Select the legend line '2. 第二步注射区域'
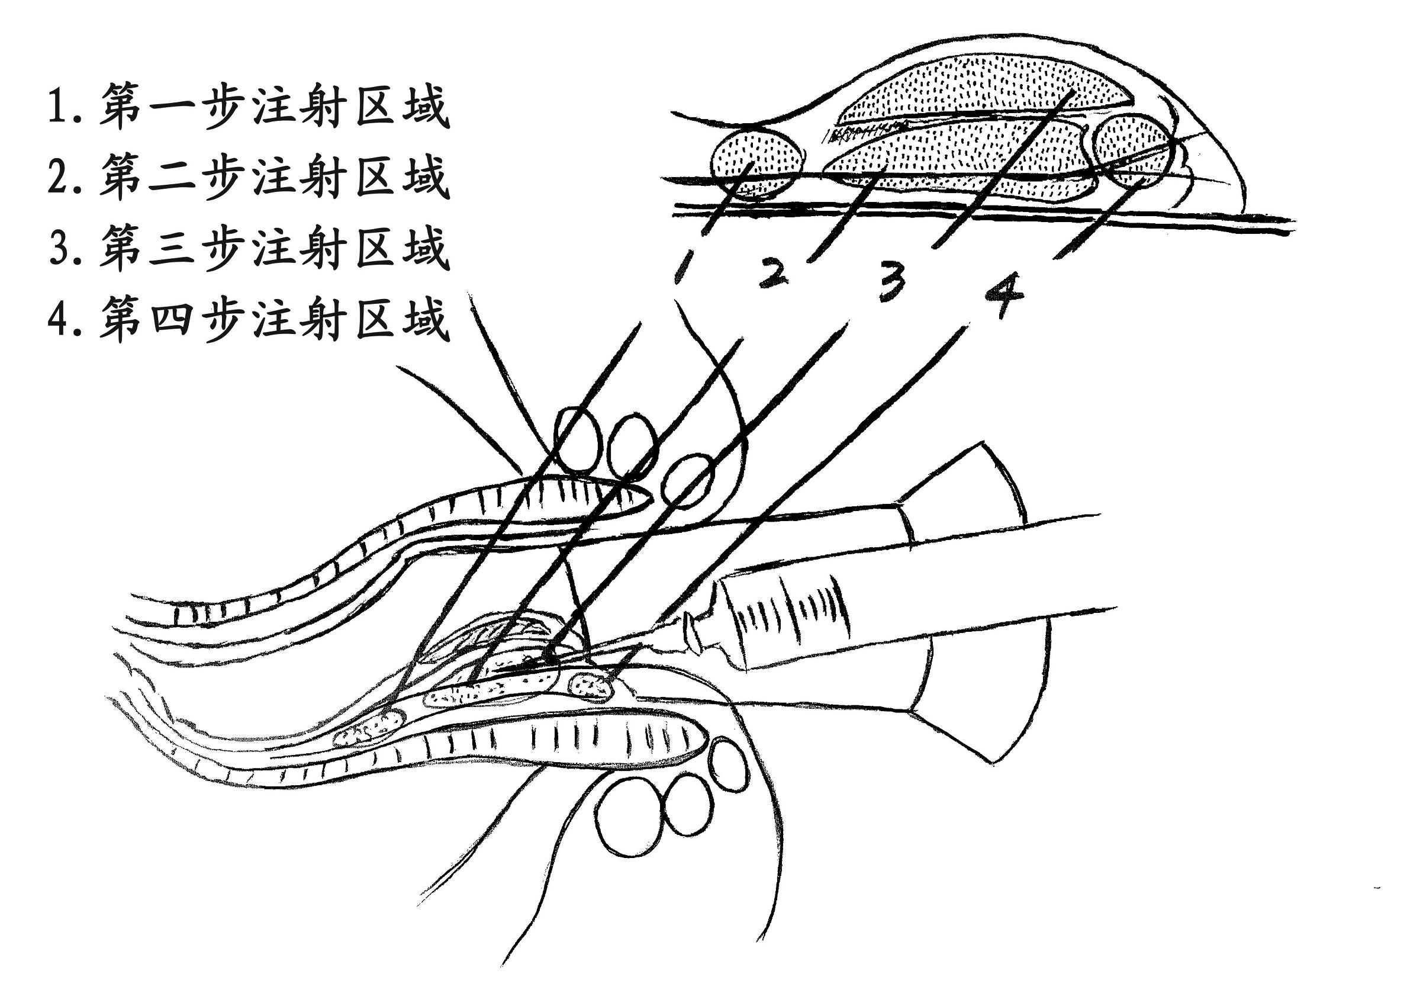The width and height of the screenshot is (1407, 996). coord(248,177)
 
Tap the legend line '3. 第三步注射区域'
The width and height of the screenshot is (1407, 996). coord(248,248)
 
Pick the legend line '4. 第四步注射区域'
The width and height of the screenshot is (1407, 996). coord(248,319)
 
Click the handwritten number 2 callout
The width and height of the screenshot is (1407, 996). coord(774,274)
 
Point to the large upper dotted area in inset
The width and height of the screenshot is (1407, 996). coord(981,86)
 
